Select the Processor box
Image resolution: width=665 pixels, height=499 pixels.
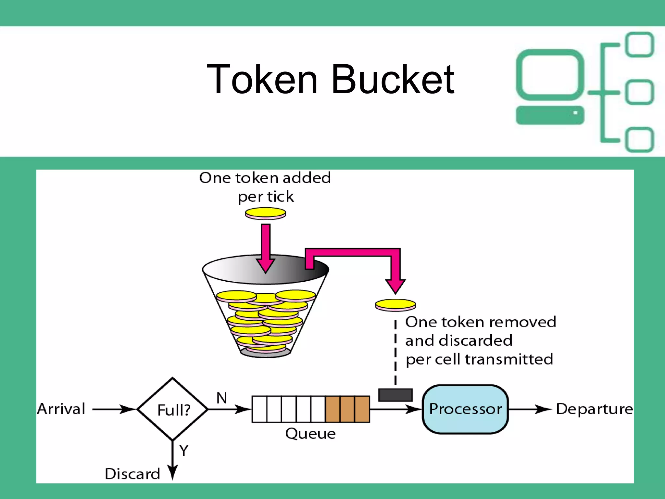465,409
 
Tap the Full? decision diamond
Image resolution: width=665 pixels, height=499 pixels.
173,409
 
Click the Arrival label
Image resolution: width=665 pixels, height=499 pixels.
61,409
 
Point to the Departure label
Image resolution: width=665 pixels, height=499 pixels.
594,409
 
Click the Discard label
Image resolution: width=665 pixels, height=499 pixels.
132,474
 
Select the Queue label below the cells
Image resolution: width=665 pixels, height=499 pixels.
310,434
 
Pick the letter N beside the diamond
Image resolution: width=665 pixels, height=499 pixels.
222,398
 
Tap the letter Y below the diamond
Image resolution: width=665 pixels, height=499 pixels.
184,450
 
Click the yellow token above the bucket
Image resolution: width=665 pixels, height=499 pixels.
265,213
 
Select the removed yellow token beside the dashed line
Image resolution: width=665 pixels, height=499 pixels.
395,305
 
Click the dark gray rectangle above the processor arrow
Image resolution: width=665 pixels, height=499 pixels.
395,395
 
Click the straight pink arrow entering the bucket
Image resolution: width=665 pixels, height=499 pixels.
266,247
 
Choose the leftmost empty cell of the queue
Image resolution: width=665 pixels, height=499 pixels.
259,409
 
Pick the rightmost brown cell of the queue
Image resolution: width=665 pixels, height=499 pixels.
362,409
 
